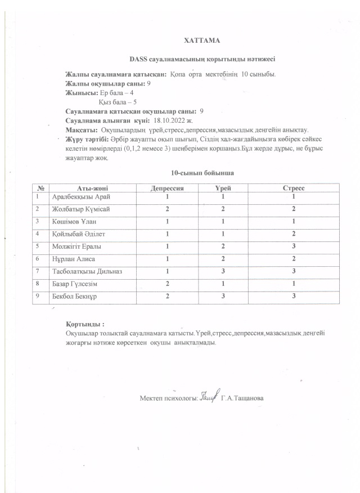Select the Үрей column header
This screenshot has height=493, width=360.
coord(223,187)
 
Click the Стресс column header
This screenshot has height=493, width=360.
coord(293,187)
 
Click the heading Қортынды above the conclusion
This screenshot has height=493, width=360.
coord(85,325)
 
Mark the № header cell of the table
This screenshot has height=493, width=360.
coord(42,187)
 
